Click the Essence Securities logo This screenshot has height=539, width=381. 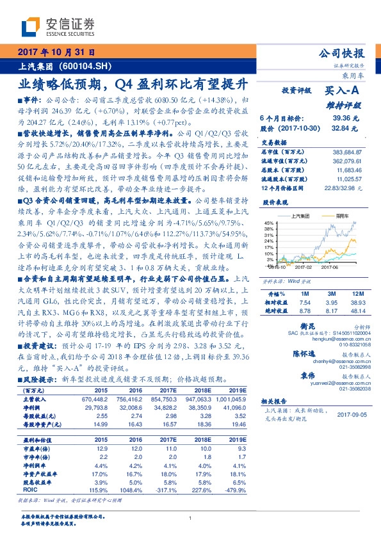coord(58,26)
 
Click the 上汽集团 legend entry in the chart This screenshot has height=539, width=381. coord(301,216)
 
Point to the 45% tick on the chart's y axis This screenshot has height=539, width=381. coord(266,222)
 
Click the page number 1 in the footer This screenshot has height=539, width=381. coord(191,518)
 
